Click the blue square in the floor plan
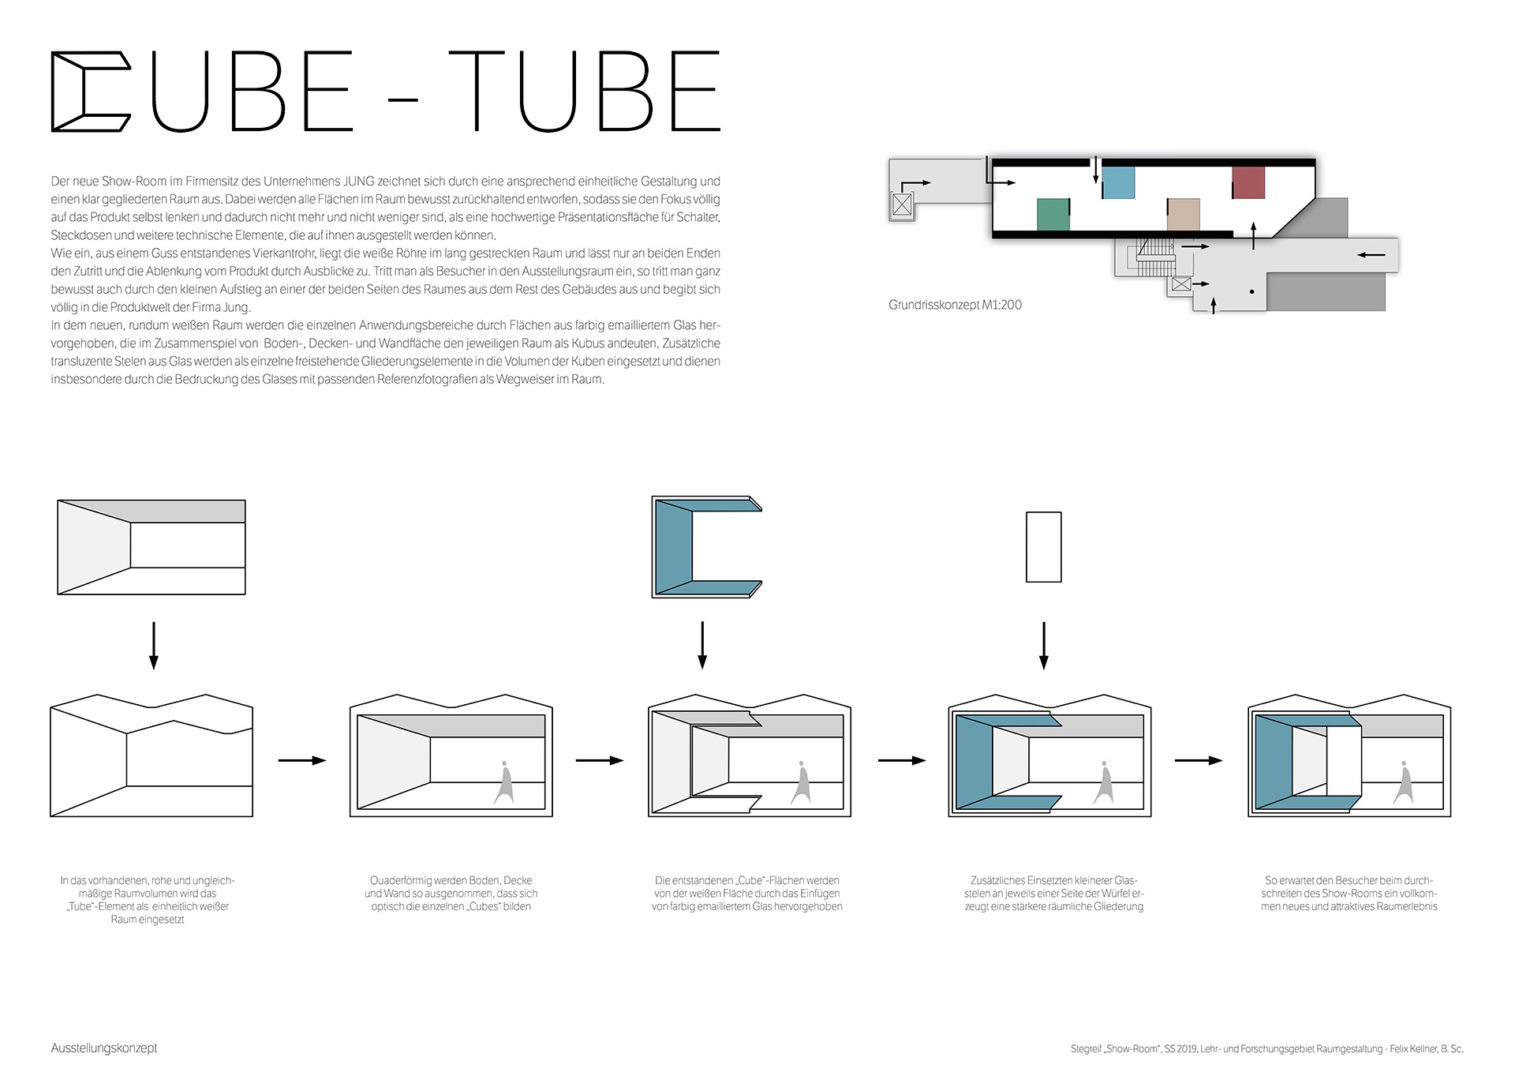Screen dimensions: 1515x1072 pyautogui.click(x=1117, y=182)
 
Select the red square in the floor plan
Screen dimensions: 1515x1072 pyautogui.click(x=1248, y=182)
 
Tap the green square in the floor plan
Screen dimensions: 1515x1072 pyautogui.click(x=1053, y=214)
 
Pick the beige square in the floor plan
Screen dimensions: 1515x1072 pyautogui.click(x=1183, y=214)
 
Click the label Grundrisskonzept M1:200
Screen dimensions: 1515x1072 pyautogui.click(x=955, y=305)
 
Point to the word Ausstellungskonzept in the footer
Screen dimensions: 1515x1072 pyautogui.click(x=104, y=1048)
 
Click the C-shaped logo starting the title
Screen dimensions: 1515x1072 pyautogui.click(x=90, y=92)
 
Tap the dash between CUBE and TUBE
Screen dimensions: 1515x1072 pyautogui.click(x=403, y=100)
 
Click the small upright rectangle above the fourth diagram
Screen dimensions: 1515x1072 pyautogui.click(x=1043, y=547)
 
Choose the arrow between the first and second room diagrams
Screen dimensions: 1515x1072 pyautogui.click(x=301, y=760)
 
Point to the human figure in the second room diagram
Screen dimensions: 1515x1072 pyautogui.click(x=504, y=783)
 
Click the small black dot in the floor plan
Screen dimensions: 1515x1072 pyautogui.click(x=1251, y=292)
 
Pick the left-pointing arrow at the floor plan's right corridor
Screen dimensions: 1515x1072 pyautogui.click(x=1371, y=255)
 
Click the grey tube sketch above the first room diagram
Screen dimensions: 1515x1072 pyautogui.click(x=151, y=547)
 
